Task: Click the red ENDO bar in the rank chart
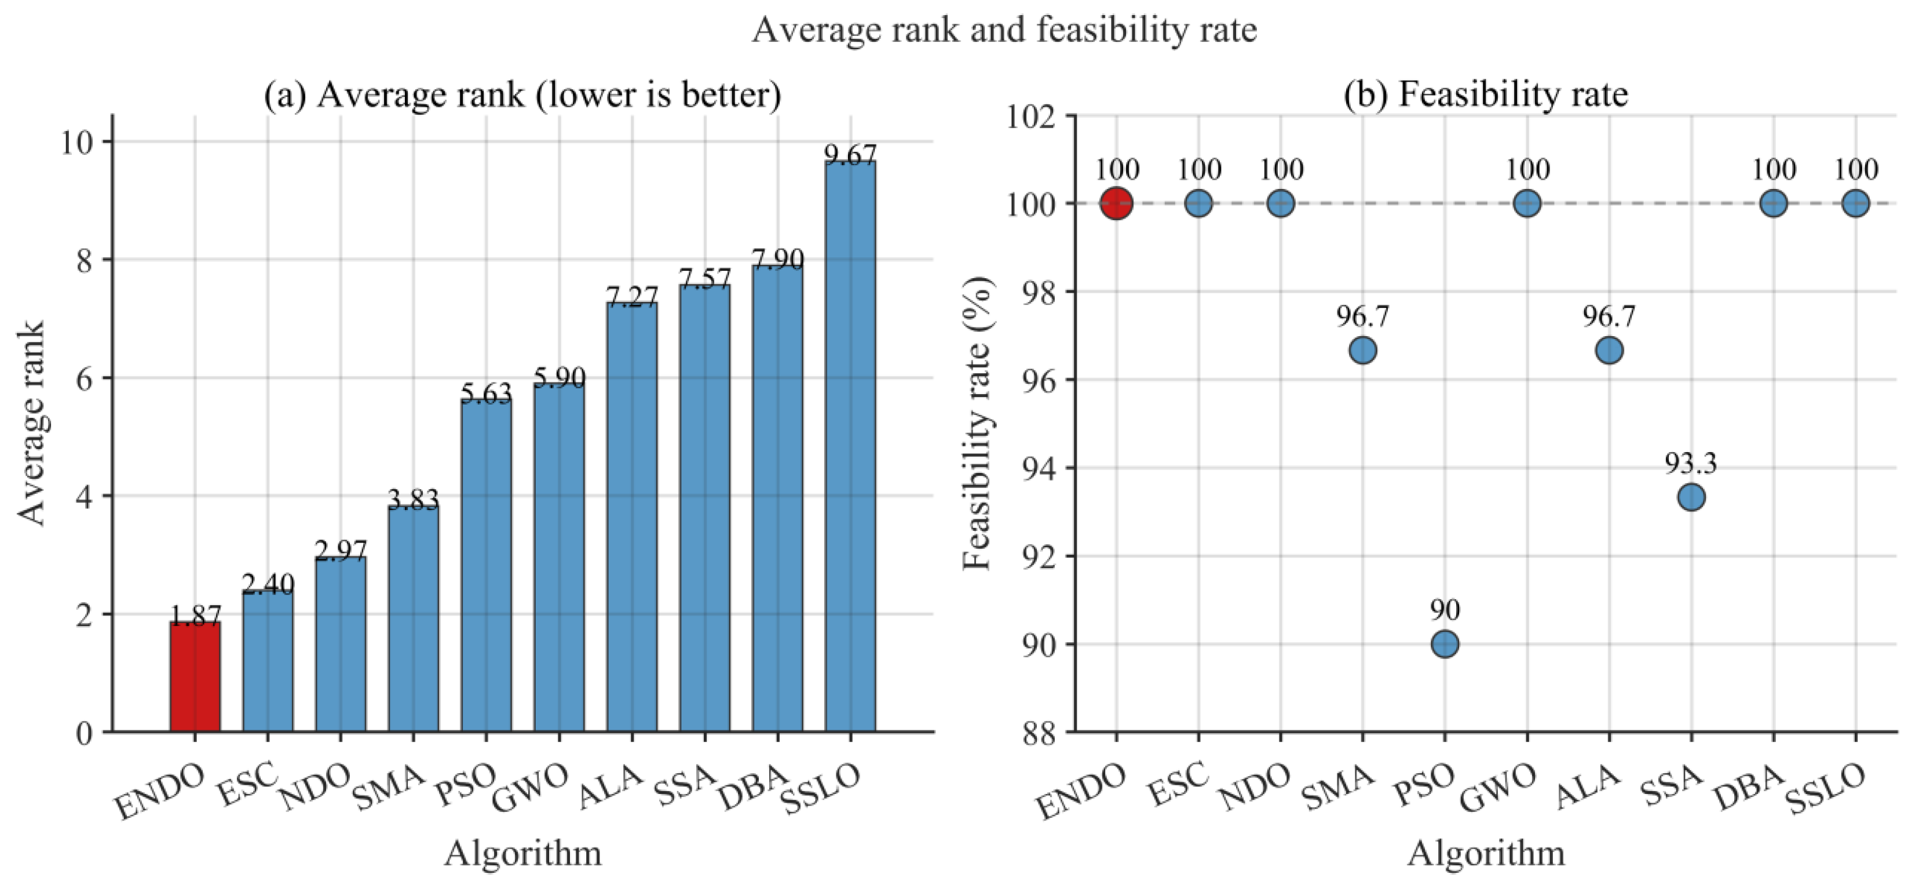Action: click(x=195, y=677)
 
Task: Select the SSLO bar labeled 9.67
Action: click(x=850, y=446)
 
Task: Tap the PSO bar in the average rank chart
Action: click(x=486, y=566)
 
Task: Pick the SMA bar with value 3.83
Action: click(x=414, y=619)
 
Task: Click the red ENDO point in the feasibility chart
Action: click(x=1116, y=203)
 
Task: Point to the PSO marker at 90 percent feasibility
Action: click(x=1445, y=644)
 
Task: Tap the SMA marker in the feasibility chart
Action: click(x=1363, y=350)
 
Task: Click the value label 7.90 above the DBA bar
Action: click(x=778, y=258)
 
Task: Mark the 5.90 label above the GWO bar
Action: click(x=559, y=377)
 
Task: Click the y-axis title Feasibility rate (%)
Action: click(x=977, y=423)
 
